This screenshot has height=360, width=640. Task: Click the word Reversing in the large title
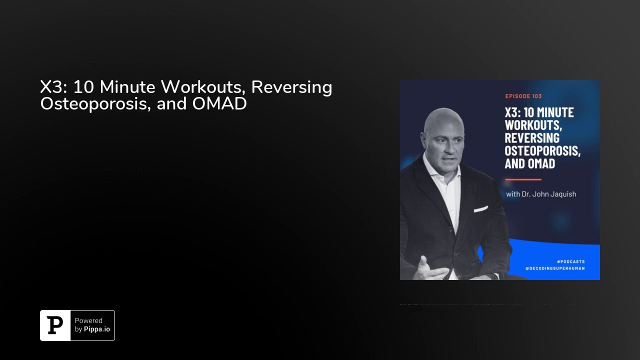[291, 87]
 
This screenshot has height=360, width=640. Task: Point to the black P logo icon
[55, 325]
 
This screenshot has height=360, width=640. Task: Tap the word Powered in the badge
[88, 321]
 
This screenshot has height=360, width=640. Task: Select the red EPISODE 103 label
[523, 96]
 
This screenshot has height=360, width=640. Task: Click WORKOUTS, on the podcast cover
[533, 125]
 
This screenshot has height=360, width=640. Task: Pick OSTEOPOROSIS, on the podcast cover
[542, 150]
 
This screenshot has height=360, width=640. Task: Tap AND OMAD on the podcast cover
[529, 163]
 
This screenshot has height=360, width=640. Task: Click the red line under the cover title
[523, 179]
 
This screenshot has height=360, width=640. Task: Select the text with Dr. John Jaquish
[541, 194]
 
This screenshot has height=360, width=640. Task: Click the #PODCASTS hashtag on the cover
[570, 261]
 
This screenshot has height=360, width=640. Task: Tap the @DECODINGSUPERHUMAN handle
[555, 268]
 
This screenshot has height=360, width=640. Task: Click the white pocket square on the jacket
[480, 209]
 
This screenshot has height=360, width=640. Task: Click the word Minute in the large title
[127, 87]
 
